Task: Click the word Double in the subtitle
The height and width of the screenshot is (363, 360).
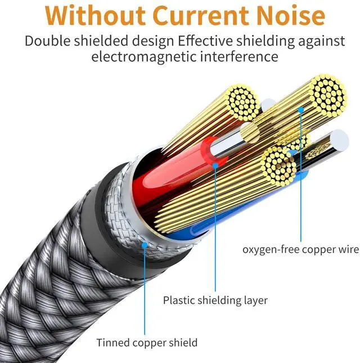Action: [x=48, y=41]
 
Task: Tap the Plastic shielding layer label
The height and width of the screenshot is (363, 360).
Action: [x=215, y=300]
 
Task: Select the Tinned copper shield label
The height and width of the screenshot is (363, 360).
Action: [x=147, y=342]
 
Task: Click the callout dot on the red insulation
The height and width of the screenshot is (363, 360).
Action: [x=215, y=165]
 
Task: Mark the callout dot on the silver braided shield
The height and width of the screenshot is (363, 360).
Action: [x=145, y=245]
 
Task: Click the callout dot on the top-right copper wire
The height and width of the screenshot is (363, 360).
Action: [x=301, y=110]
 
